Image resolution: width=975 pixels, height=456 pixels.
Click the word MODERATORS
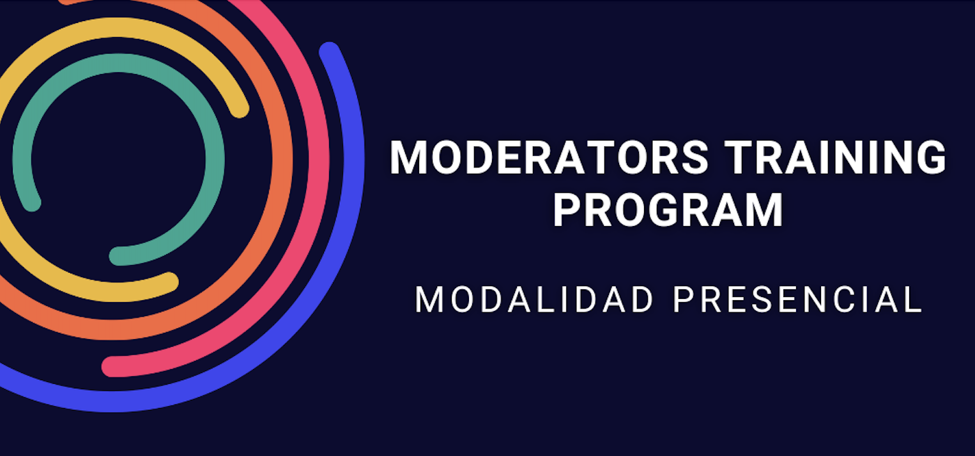click(x=549, y=158)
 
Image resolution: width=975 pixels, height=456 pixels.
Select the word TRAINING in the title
click(x=836, y=158)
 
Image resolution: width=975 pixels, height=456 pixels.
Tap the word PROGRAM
click(x=668, y=210)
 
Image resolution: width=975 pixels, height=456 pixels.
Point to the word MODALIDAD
click(x=534, y=300)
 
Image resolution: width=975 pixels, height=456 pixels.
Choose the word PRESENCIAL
click(x=797, y=300)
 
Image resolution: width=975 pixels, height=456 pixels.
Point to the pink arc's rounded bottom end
click(x=112, y=367)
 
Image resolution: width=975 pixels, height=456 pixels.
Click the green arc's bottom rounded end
click(x=119, y=256)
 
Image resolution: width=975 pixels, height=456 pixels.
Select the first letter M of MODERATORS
click(x=408, y=158)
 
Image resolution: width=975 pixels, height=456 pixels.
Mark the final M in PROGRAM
click(x=765, y=210)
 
